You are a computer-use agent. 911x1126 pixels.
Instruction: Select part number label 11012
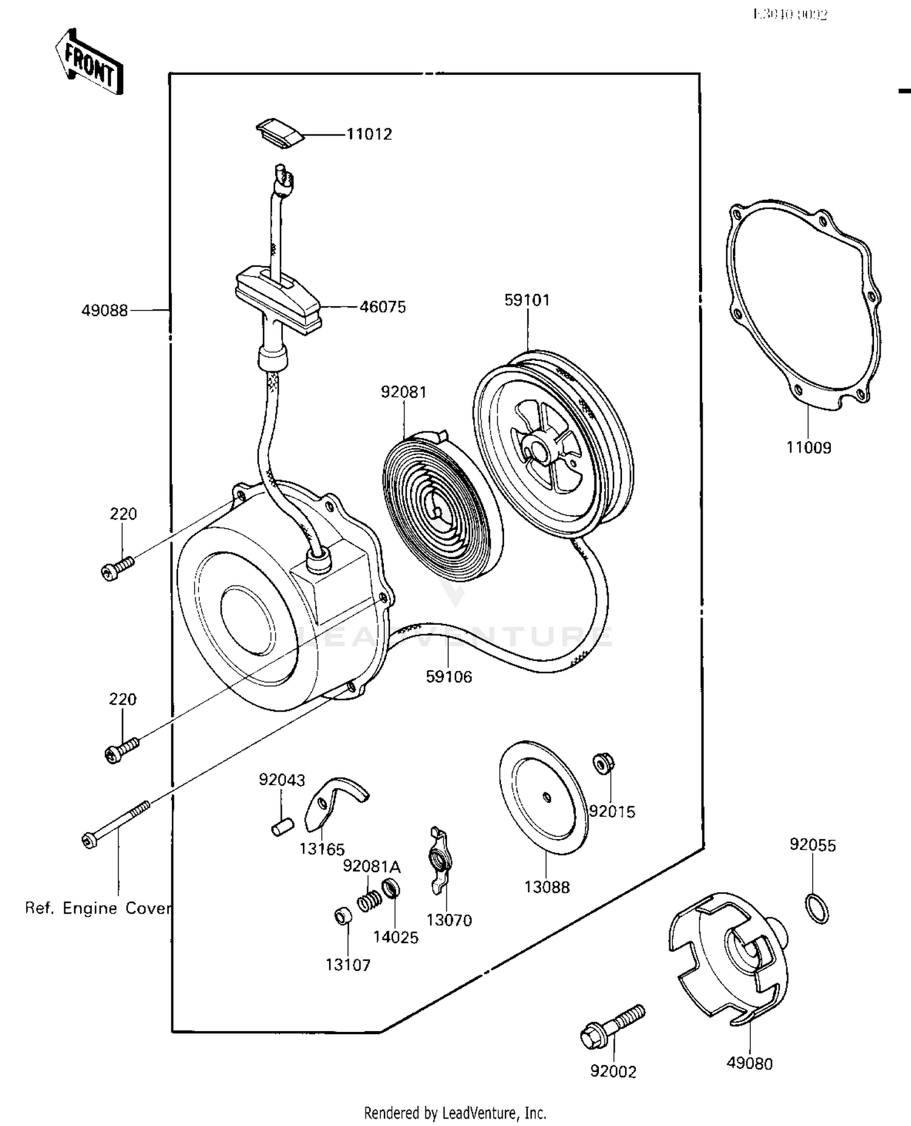click(x=369, y=134)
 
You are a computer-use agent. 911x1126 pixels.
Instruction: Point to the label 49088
click(x=104, y=311)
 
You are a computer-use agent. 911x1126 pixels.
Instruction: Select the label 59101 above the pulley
click(x=527, y=300)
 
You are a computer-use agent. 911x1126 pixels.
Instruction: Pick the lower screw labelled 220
click(x=121, y=749)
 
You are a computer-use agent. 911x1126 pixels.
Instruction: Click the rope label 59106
click(x=449, y=677)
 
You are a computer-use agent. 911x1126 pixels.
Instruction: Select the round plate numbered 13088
click(x=544, y=797)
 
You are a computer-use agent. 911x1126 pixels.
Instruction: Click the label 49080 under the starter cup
click(x=749, y=1064)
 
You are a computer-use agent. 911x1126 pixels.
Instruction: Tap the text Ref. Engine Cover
click(x=97, y=908)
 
